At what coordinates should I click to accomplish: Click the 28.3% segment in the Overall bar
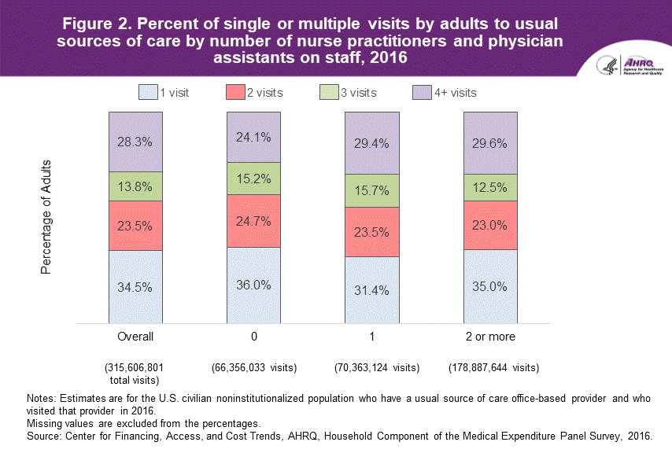pyautogui.click(x=135, y=142)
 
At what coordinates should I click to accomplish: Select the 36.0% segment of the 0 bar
pyautogui.click(x=253, y=285)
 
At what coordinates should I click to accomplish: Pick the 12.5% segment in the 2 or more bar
pyautogui.click(x=490, y=187)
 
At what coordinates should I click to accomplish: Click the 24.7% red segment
pyautogui.click(x=253, y=220)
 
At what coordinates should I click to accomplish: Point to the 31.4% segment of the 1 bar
pyautogui.click(x=371, y=289)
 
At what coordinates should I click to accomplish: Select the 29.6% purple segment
pyautogui.click(x=490, y=143)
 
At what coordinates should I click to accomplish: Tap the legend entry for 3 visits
pyautogui.click(x=347, y=93)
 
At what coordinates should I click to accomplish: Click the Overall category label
pyautogui.click(x=135, y=337)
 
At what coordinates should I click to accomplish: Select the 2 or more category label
pyautogui.click(x=490, y=337)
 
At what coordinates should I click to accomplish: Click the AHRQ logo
pyautogui.click(x=630, y=65)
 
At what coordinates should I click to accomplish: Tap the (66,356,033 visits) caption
pyautogui.click(x=253, y=367)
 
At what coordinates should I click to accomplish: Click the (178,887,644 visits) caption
pyautogui.click(x=493, y=367)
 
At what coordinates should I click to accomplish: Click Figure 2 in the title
pyautogui.click(x=97, y=22)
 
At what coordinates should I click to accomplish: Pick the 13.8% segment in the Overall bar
pyautogui.click(x=135, y=186)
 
